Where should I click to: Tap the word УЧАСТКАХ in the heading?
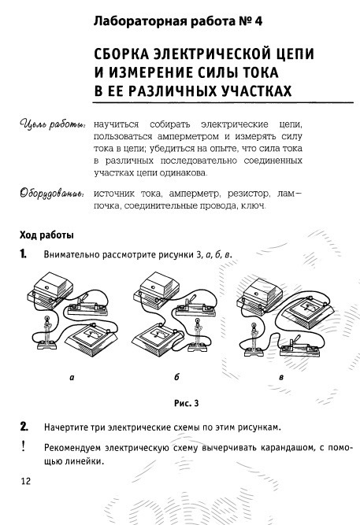[x=256, y=91]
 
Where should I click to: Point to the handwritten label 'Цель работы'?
[x=52, y=125]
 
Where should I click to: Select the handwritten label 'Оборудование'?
[x=52, y=194]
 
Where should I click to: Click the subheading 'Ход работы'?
[x=46, y=235]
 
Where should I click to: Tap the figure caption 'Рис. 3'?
[x=187, y=403]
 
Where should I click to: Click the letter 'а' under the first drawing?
[x=72, y=378]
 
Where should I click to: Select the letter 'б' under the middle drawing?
[x=176, y=377]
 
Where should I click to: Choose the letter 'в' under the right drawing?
[x=281, y=378]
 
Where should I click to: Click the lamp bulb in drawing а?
[x=47, y=319]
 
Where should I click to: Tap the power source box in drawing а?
[x=50, y=290]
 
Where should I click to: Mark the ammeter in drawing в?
[x=308, y=312]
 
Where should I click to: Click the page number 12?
[x=26, y=482]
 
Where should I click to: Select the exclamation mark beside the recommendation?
[x=23, y=446]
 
